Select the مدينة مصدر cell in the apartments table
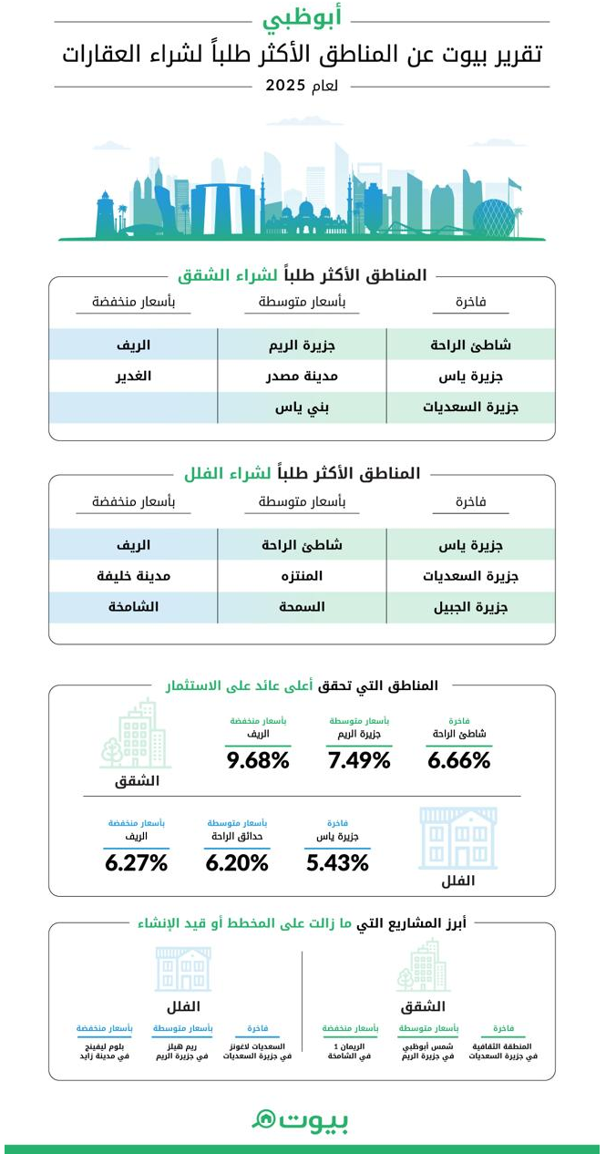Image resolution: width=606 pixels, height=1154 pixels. (x=301, y=376)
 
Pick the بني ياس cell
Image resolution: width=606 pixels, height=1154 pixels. (x=301, y=407)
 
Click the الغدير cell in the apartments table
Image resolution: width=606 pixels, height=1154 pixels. (x=133, y=376)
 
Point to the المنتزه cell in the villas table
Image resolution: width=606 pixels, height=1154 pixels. (x=301, y=576)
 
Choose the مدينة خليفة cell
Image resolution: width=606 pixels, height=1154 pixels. (x=133, y=576)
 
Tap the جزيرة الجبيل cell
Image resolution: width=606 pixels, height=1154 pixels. (x=470, y=607)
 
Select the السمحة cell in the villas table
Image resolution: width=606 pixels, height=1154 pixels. (x=301, y=607)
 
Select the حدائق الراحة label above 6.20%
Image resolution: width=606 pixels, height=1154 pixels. (x=237, y=835)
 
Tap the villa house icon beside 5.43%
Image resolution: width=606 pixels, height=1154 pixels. (x=457, y=838)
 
